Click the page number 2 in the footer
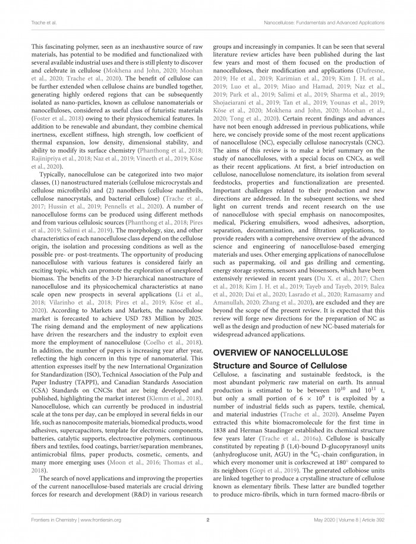point(208,520)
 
